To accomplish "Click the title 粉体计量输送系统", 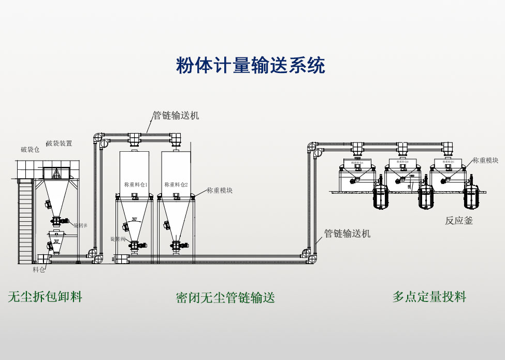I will pyautogui.click(x=251, y=66).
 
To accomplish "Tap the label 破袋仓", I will pyautogui.click(x=30, y=150).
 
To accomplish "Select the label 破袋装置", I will pyautogui.click(x=59, y=143).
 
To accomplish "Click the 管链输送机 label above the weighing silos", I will pyautogui.click(x=176, y=116).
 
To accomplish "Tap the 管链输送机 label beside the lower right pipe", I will pyautogui.click(x=348, y=234).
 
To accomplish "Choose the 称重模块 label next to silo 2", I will pyautogui.click(x=220, y=191).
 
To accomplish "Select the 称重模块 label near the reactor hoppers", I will pyautogui.click(x=485, y=161).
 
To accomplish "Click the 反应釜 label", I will pyautogui.click(x=459, y=221).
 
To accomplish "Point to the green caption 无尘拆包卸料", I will pyautogui.click(x=45, y=297).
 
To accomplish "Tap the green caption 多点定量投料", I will pyautogui.click(x=429, y=297).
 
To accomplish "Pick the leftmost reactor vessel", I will pyautogui.click(x=382, y=197).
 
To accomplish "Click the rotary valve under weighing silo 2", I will pyautogui.click(x=176, y=246).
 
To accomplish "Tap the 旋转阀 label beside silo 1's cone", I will pyautogui.click(x=118, y=239).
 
